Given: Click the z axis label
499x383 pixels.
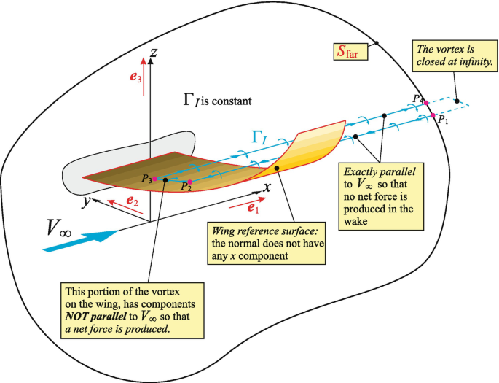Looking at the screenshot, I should click(152, 51).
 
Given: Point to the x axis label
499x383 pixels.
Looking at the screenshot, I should click(267, 186).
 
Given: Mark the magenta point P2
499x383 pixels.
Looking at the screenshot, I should click(190, 182).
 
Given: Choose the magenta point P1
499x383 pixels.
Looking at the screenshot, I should click(433, 116).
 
